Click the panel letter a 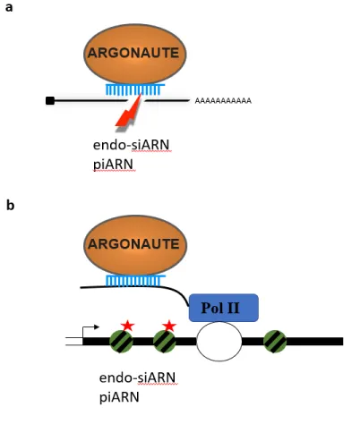pos(9,7)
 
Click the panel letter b pos(10,205)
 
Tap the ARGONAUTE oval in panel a pos(135,54)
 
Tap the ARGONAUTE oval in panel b pos(135,245)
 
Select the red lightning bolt pos(129,112)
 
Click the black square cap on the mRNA pos(50,101)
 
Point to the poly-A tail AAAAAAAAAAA pos(223,101)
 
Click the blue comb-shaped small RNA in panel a pos(135,89)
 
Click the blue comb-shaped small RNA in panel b pos(136,281)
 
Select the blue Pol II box pos(224,308)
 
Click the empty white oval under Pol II pos(219,342)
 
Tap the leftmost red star pos(128,326)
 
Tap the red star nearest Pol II pos(169,326)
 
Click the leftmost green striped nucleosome pos(121,342)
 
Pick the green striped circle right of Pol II pos(275,342)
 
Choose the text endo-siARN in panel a pos(132,145)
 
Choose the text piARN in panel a pos(113,165)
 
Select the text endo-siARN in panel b pos(137,377)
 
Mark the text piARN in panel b pos(119,397)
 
